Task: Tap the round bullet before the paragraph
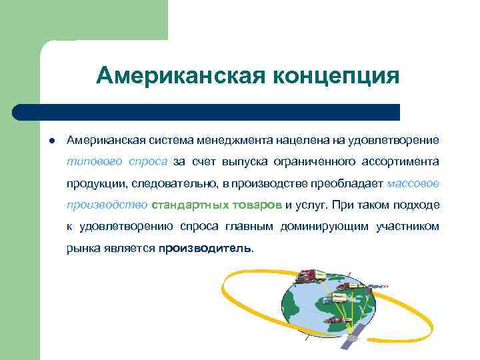coord(51,140)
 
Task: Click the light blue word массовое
coord(413,183)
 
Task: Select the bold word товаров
coord(259,205)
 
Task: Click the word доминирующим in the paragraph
coord(328,226)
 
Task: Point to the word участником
coord(407,226)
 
